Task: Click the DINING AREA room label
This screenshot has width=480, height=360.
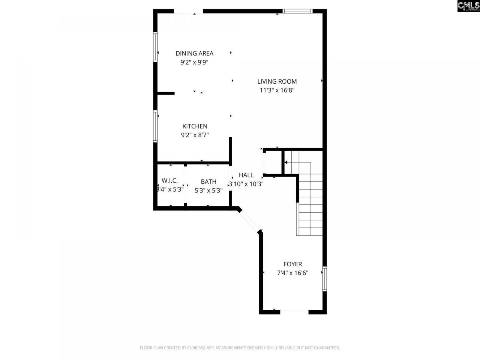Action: coord(194,53)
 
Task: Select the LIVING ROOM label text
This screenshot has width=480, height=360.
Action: coord(277,81)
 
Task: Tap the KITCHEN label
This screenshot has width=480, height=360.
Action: coord(195,126)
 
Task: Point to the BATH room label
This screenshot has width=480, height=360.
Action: coord(208,181)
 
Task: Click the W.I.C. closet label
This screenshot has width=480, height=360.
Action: coord(169,180)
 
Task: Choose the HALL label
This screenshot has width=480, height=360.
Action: coord(246,175)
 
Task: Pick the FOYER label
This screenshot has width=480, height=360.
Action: coord(292,264)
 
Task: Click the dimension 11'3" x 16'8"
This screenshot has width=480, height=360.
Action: coord(277,90)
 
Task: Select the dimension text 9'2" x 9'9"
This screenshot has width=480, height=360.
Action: coord(194,62)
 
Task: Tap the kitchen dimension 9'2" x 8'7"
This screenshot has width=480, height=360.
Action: coord(195,135)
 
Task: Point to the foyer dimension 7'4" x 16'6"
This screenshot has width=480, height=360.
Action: coord(292,273)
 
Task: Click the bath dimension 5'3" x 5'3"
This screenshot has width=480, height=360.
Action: coord(208,190)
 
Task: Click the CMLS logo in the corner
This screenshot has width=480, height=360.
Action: coord(468,6)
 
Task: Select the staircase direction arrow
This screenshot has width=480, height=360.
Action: coord(286,162)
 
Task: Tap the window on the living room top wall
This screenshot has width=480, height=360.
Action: coord(298,11)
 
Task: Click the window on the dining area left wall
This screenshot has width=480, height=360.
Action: coord(155,46)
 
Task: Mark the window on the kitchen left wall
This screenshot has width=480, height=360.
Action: coord(155,126)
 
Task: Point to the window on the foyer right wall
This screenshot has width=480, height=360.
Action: coord(325,279)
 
